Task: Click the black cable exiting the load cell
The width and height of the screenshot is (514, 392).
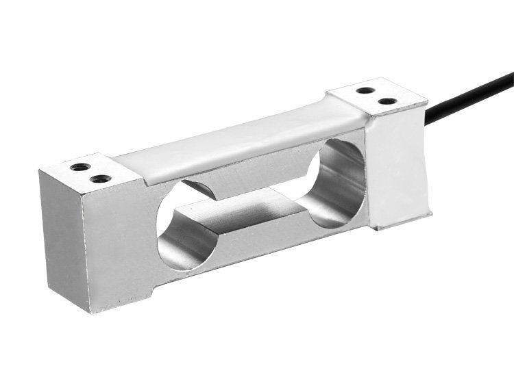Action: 473,88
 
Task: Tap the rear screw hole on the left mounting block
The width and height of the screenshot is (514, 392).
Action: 81,166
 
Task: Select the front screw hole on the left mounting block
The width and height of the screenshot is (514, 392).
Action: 101,179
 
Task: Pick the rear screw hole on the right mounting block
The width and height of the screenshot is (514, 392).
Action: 367,90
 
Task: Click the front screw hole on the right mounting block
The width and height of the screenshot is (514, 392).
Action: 387,101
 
